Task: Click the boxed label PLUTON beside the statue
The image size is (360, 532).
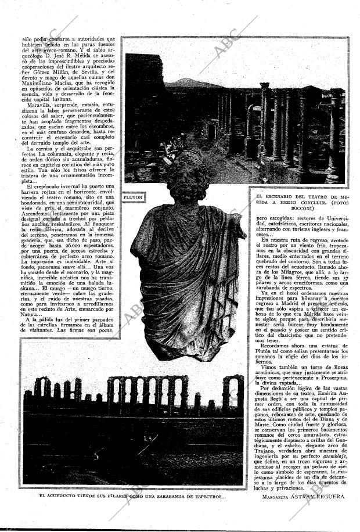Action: tap(133, 197)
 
